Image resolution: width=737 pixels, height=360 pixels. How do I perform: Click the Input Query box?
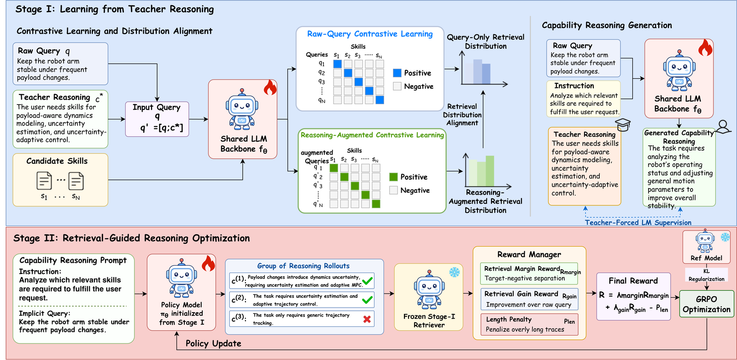point(157,119)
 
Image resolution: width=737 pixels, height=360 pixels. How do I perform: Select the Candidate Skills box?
point(60,180)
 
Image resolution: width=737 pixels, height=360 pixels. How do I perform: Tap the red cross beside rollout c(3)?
point(367,319)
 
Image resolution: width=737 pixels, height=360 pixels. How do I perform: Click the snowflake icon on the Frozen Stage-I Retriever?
point(454,272)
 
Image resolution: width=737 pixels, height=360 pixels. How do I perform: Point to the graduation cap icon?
point(623,124)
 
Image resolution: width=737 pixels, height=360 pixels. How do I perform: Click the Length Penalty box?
point(529,325)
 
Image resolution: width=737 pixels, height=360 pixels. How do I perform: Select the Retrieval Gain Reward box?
point(529,299)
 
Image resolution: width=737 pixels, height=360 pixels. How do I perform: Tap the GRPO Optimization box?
point(707,304)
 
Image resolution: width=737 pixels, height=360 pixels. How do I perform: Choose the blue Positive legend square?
point(397,73)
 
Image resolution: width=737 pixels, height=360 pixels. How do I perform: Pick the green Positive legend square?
point(393,177)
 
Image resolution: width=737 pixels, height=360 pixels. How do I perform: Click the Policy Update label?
point(213,343)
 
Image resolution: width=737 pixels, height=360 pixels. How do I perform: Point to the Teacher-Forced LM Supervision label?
point(638,222)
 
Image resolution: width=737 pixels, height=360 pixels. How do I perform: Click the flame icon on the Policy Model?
point(208,263)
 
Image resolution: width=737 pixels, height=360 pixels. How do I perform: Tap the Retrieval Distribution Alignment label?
point(462,115)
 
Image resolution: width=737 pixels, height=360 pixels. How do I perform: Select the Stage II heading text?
point(132,238)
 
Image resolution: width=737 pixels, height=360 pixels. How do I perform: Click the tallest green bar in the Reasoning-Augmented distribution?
point(490,171)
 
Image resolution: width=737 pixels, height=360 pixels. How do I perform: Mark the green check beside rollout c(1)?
point(367,281)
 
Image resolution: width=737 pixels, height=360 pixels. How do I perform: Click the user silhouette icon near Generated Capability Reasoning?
point(723,127)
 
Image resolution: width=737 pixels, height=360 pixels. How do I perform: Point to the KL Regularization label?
point(707,275)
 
